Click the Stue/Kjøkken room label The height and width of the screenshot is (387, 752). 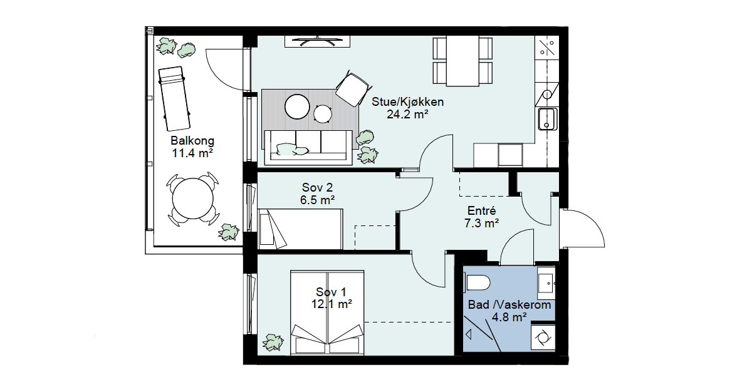tap(407, 101)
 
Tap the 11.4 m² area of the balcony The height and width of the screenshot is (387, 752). tap(192, 153)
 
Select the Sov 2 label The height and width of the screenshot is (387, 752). tap(317, 187)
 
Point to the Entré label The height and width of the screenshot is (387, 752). tap(482, 210)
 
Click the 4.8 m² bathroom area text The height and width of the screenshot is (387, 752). tap(509, 317)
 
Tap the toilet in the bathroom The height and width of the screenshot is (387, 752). tap(477, 282)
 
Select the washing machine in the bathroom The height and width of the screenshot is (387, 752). tap(543, 338)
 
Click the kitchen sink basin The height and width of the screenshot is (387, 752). tap(547, 119)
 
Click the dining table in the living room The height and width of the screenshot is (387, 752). tap(462, 61)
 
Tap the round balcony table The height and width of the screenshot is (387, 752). tap(193, 199)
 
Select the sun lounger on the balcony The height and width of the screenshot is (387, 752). tap(175, 98)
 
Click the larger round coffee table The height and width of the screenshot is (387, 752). tap(297, 106)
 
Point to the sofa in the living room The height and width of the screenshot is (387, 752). tap(308, 148)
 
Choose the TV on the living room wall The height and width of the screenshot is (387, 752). tap(318, 41)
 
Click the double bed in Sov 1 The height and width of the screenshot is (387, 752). tap(327, 312)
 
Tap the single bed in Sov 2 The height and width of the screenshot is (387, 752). tap(300, 229)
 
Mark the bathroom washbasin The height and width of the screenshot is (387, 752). tap(546, 284)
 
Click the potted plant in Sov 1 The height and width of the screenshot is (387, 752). tap(273, 342)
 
